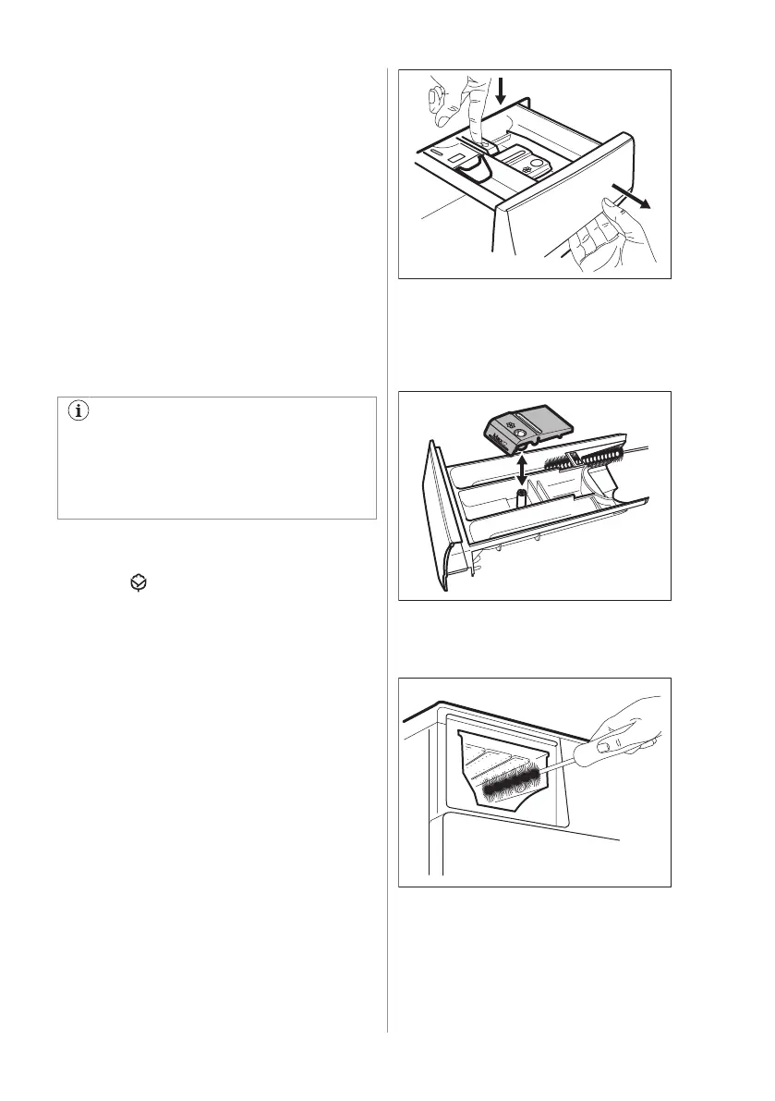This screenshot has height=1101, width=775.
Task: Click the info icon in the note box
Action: click(78, 413)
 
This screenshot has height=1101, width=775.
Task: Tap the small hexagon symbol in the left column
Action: click(137, 583)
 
